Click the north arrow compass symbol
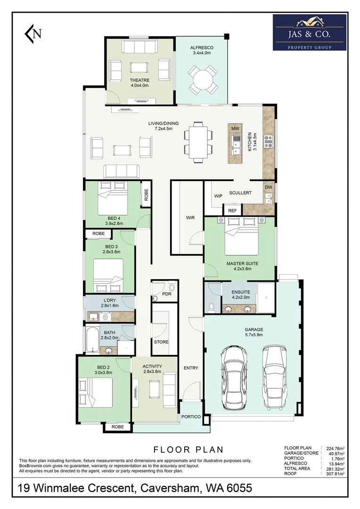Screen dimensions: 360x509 click(33, 33)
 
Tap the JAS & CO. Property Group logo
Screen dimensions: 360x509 click(310, 32)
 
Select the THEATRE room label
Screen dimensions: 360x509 click(139, 80)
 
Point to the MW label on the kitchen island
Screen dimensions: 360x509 click(235, 129)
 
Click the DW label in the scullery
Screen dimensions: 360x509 click(269, 187)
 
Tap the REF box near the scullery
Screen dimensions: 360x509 click(232, 210)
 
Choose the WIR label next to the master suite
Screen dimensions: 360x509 click(190, 217)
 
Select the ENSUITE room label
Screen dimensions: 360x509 click(241, 292)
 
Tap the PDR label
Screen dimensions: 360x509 click(166, 294)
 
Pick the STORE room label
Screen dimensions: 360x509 click(161, 342)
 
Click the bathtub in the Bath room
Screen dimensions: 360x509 click(92, 340)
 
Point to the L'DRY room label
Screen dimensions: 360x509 click(110, 300)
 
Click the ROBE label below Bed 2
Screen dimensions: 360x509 click(117, 427)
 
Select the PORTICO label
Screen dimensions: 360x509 click(191, 417)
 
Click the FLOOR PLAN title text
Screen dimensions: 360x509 click(188, 450)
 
